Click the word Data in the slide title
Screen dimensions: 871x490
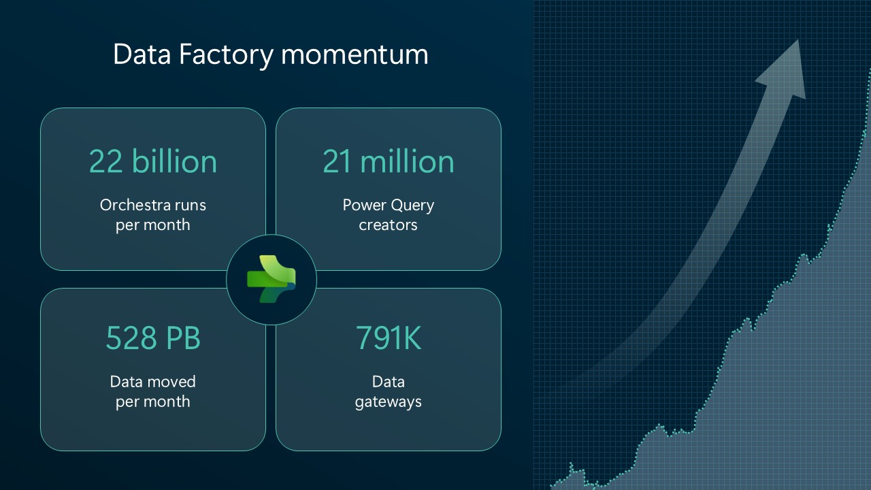[x=142, y=54]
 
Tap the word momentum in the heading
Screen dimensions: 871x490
[x=355, y=55]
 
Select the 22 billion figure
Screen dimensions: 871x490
[x=153, y=161]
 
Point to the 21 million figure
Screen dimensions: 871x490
[x=389, y=161]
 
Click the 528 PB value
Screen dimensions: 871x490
[x=153, y=338]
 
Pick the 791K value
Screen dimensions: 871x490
[x=389, y=338]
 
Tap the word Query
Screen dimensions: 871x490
[x=412, y=206]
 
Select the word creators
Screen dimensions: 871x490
[x=388, y=225]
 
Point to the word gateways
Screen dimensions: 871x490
[x=388, y=402]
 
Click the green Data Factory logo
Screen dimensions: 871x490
[x=272, y=279]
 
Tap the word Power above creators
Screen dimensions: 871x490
[x=364, y=205]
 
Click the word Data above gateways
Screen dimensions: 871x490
[x=388, y=382]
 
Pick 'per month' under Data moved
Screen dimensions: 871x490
[x=153, y=402]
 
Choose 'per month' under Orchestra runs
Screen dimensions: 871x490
[x=153, y=225]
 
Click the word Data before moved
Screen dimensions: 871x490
[x=126, y=382]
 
